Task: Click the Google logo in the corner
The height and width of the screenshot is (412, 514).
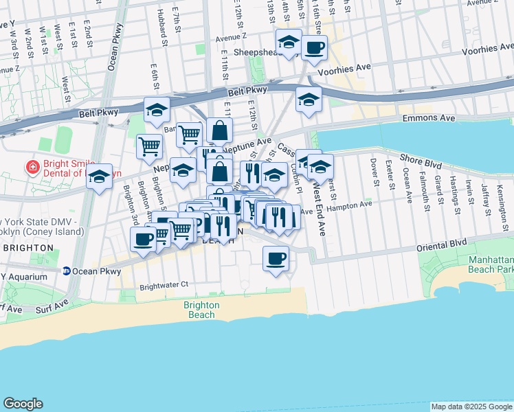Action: (x=23, y=403)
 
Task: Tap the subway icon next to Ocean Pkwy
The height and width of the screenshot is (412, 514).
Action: (x=66, y=271)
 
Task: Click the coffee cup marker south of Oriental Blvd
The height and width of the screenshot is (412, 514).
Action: (x=276, y=258)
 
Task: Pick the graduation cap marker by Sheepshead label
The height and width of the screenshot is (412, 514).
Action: (x=289, y=43)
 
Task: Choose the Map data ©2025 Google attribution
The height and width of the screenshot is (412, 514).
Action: (x=471, y=407)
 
